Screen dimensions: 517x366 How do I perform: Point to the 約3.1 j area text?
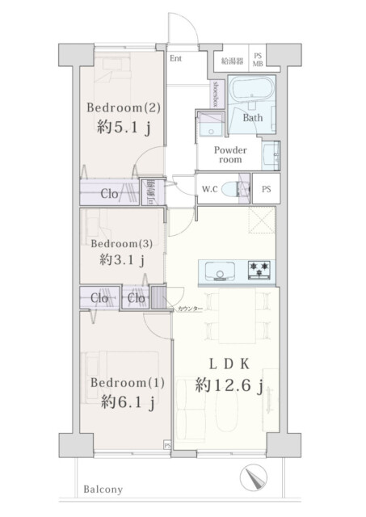point(122,260)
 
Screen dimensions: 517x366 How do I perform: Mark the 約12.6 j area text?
point(229,386)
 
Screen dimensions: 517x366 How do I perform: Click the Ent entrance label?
point(176,58)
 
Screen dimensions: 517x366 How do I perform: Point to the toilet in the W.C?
point(235,190)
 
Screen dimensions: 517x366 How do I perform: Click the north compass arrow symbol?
point(256,478)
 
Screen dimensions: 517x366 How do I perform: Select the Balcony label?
point(101,490)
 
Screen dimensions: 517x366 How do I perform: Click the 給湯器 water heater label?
point(232,60)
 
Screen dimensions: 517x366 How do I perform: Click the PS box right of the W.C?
point(266,189)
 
